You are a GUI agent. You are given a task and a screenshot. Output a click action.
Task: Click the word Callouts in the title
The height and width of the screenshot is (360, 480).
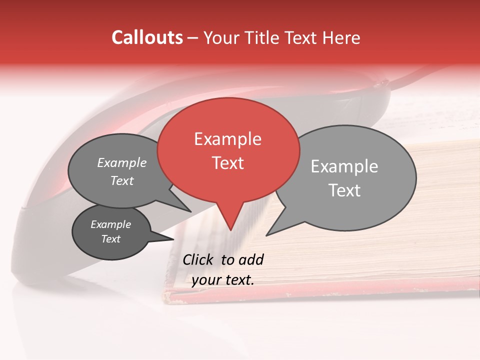pyautogui.click(x=147, y=38)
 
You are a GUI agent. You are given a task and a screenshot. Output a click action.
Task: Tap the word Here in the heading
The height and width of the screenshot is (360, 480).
pyautogui.click(x=342, y=38)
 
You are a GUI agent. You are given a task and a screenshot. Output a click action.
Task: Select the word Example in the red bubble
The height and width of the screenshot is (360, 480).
pyautogui.click(x=227, y=139)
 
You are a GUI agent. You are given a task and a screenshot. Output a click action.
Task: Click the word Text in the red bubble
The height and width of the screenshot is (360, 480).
pyautogui.click(x=227, y=163)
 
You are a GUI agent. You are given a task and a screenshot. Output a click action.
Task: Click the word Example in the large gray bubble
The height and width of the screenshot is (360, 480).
pyautogui.click(x=344, y=166)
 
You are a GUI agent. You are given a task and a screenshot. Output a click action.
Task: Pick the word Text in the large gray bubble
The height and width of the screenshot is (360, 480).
pyautogui.click(x=344, y=190)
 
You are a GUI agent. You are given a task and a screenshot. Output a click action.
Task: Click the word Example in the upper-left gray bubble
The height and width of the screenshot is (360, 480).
pyautogui.click(x=122, y=163)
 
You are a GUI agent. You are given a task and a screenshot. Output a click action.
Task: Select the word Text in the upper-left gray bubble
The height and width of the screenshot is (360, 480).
pyautogui.click(x=122, y=181)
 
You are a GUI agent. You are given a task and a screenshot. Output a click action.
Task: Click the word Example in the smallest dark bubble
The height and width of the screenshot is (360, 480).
pyautogui.click(x=111, y=224)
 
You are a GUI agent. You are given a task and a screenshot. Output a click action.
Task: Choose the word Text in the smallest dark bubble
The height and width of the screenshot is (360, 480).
pyautogui.click(x=111, y=239)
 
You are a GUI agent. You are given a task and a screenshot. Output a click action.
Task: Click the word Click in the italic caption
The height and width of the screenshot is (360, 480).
pyautogui.click(x=198, y=259)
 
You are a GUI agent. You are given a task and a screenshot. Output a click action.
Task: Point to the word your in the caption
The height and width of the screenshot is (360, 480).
pyautogui.click(x=205, y=280)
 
